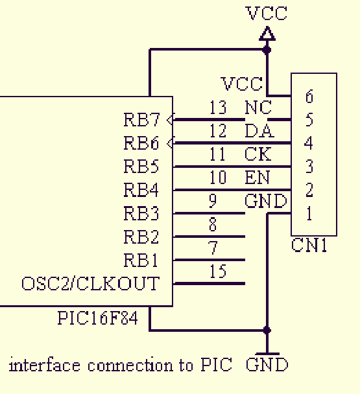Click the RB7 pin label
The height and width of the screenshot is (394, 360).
tap(141, 119)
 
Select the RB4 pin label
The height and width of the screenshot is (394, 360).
tap(141, 190)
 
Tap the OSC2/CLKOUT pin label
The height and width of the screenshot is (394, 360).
tap(91, 283)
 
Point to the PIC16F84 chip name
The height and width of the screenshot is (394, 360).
tap(98, 318)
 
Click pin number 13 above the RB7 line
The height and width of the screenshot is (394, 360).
tap(218, 107)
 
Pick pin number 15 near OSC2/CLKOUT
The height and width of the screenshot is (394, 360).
tap(218, 271)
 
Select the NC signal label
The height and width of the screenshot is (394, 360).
tap(258, 108)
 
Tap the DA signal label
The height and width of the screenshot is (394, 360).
tap(259, 131)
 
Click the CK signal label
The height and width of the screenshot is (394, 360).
tap(258, 154)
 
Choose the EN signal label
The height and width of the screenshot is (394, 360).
tap(258, 178)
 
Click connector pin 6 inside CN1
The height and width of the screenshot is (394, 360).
tap(309, 97)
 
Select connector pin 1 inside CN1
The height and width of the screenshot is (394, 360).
tap(309, 213)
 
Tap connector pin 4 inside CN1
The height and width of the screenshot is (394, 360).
tap(309, 143)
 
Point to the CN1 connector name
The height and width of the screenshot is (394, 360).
tap(309, 245)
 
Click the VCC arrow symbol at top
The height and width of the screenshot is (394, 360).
tap(267, 34)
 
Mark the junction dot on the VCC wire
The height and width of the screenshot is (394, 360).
tap(267, 50)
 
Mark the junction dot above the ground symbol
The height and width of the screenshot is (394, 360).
tap(267, 330)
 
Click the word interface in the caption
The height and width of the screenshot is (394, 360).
tap(45, 365)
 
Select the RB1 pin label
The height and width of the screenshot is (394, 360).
tap(141, 260)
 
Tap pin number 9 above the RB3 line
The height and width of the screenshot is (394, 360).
tap(213, 201)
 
